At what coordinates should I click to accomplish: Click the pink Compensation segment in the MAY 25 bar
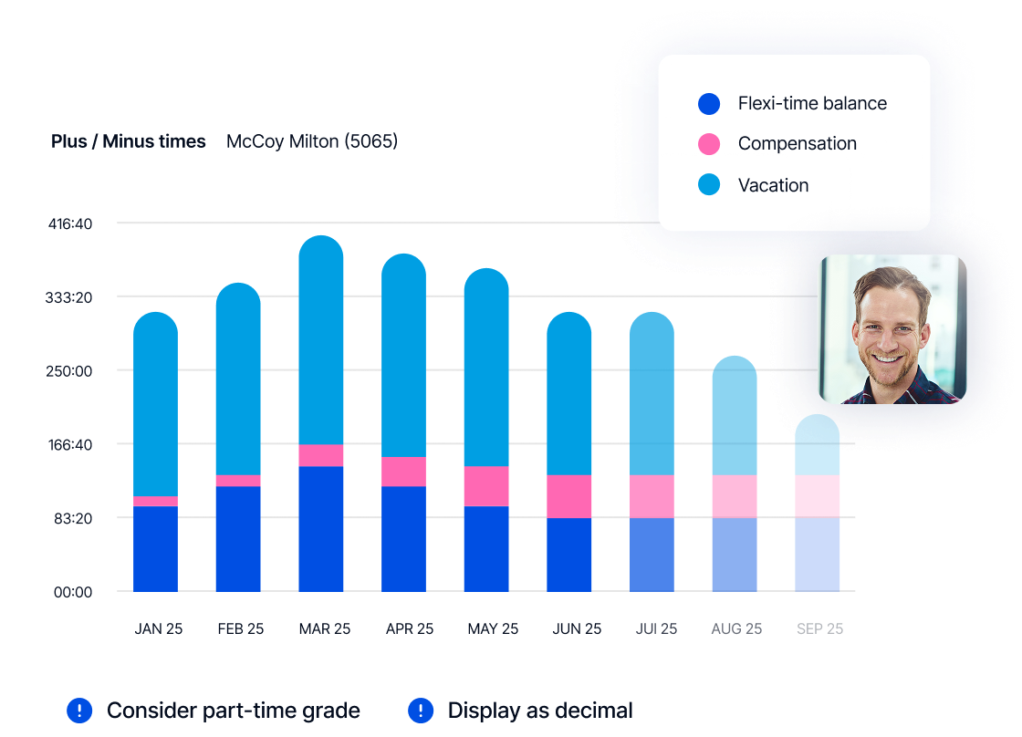coord(486,486)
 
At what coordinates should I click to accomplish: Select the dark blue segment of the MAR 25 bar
coord(321,529)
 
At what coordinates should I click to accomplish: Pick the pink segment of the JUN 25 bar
coord(569,496)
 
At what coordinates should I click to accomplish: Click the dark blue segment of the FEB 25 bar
coord(238,539)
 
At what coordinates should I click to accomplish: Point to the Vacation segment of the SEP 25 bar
coord(818,446)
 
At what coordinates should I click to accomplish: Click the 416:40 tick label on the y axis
coord(70,223)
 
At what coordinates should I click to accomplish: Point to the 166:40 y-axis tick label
coord(70,445)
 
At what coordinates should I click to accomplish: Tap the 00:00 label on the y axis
coord(73,592)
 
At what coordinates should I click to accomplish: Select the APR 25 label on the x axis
coord(410,629)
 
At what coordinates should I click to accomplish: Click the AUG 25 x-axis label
coord(736,629)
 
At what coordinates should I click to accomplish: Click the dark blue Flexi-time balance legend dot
coord(709,104)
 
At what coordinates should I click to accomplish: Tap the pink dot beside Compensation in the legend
coord(709,144)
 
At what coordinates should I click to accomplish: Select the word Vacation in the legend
coord(773,185)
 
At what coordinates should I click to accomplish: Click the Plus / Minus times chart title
coord(129,141)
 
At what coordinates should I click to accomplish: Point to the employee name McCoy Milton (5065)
coord(312,141)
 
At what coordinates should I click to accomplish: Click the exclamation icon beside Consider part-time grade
coord(80,711)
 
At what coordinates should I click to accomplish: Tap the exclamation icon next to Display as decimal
coord(421,711)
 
